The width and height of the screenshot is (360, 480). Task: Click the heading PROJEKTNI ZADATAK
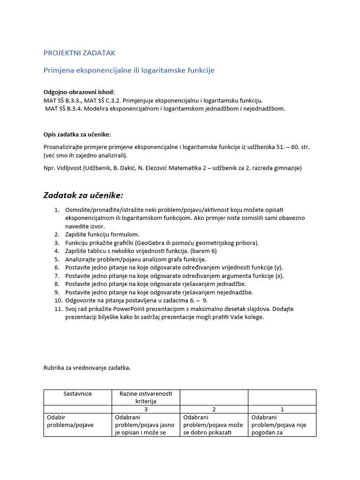click(79, 53)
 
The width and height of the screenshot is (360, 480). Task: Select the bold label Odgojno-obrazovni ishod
click(79, 92)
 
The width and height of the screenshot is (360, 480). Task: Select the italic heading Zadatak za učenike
click(83, 195)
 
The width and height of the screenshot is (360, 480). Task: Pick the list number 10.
click(58, 300)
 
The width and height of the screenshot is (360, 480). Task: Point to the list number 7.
click(57, 276)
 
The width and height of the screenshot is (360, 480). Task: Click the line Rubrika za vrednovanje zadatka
click(87, 368)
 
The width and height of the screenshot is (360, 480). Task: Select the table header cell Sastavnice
click(78, 394)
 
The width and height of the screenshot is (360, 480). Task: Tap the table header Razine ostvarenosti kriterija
click(146, 397)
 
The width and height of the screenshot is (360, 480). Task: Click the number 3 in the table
click(146, 409)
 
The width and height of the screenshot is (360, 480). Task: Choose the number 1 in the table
click(282, 409)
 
